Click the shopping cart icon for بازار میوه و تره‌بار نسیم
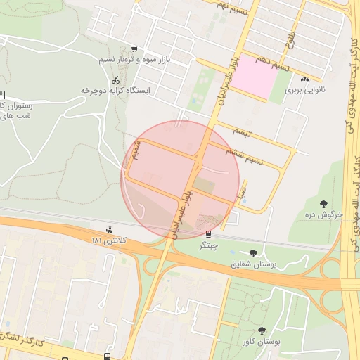134,49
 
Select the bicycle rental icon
115,80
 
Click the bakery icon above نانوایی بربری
306,79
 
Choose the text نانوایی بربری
306,90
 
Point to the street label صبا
243,190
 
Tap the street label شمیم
138,150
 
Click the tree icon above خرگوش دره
324,203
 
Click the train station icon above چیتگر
208,234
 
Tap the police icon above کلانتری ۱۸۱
109,229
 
